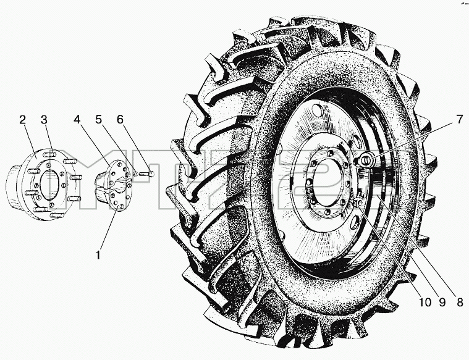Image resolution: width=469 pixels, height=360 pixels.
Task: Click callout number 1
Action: [98, 255]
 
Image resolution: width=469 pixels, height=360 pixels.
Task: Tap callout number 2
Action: [22, 120]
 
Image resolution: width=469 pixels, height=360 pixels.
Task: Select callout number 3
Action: [44, 120]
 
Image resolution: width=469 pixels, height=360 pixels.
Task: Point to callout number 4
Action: [77, 120]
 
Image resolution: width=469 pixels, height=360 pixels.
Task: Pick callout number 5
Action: [98, 120]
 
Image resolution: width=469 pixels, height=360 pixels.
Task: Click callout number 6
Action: [120, 120]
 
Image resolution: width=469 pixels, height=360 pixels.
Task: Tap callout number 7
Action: [459, 120]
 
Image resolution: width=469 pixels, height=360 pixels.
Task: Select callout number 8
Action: [459, 303]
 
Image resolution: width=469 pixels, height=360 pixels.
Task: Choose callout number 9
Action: [442, 303]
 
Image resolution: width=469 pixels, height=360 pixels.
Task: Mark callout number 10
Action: [425, 303]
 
